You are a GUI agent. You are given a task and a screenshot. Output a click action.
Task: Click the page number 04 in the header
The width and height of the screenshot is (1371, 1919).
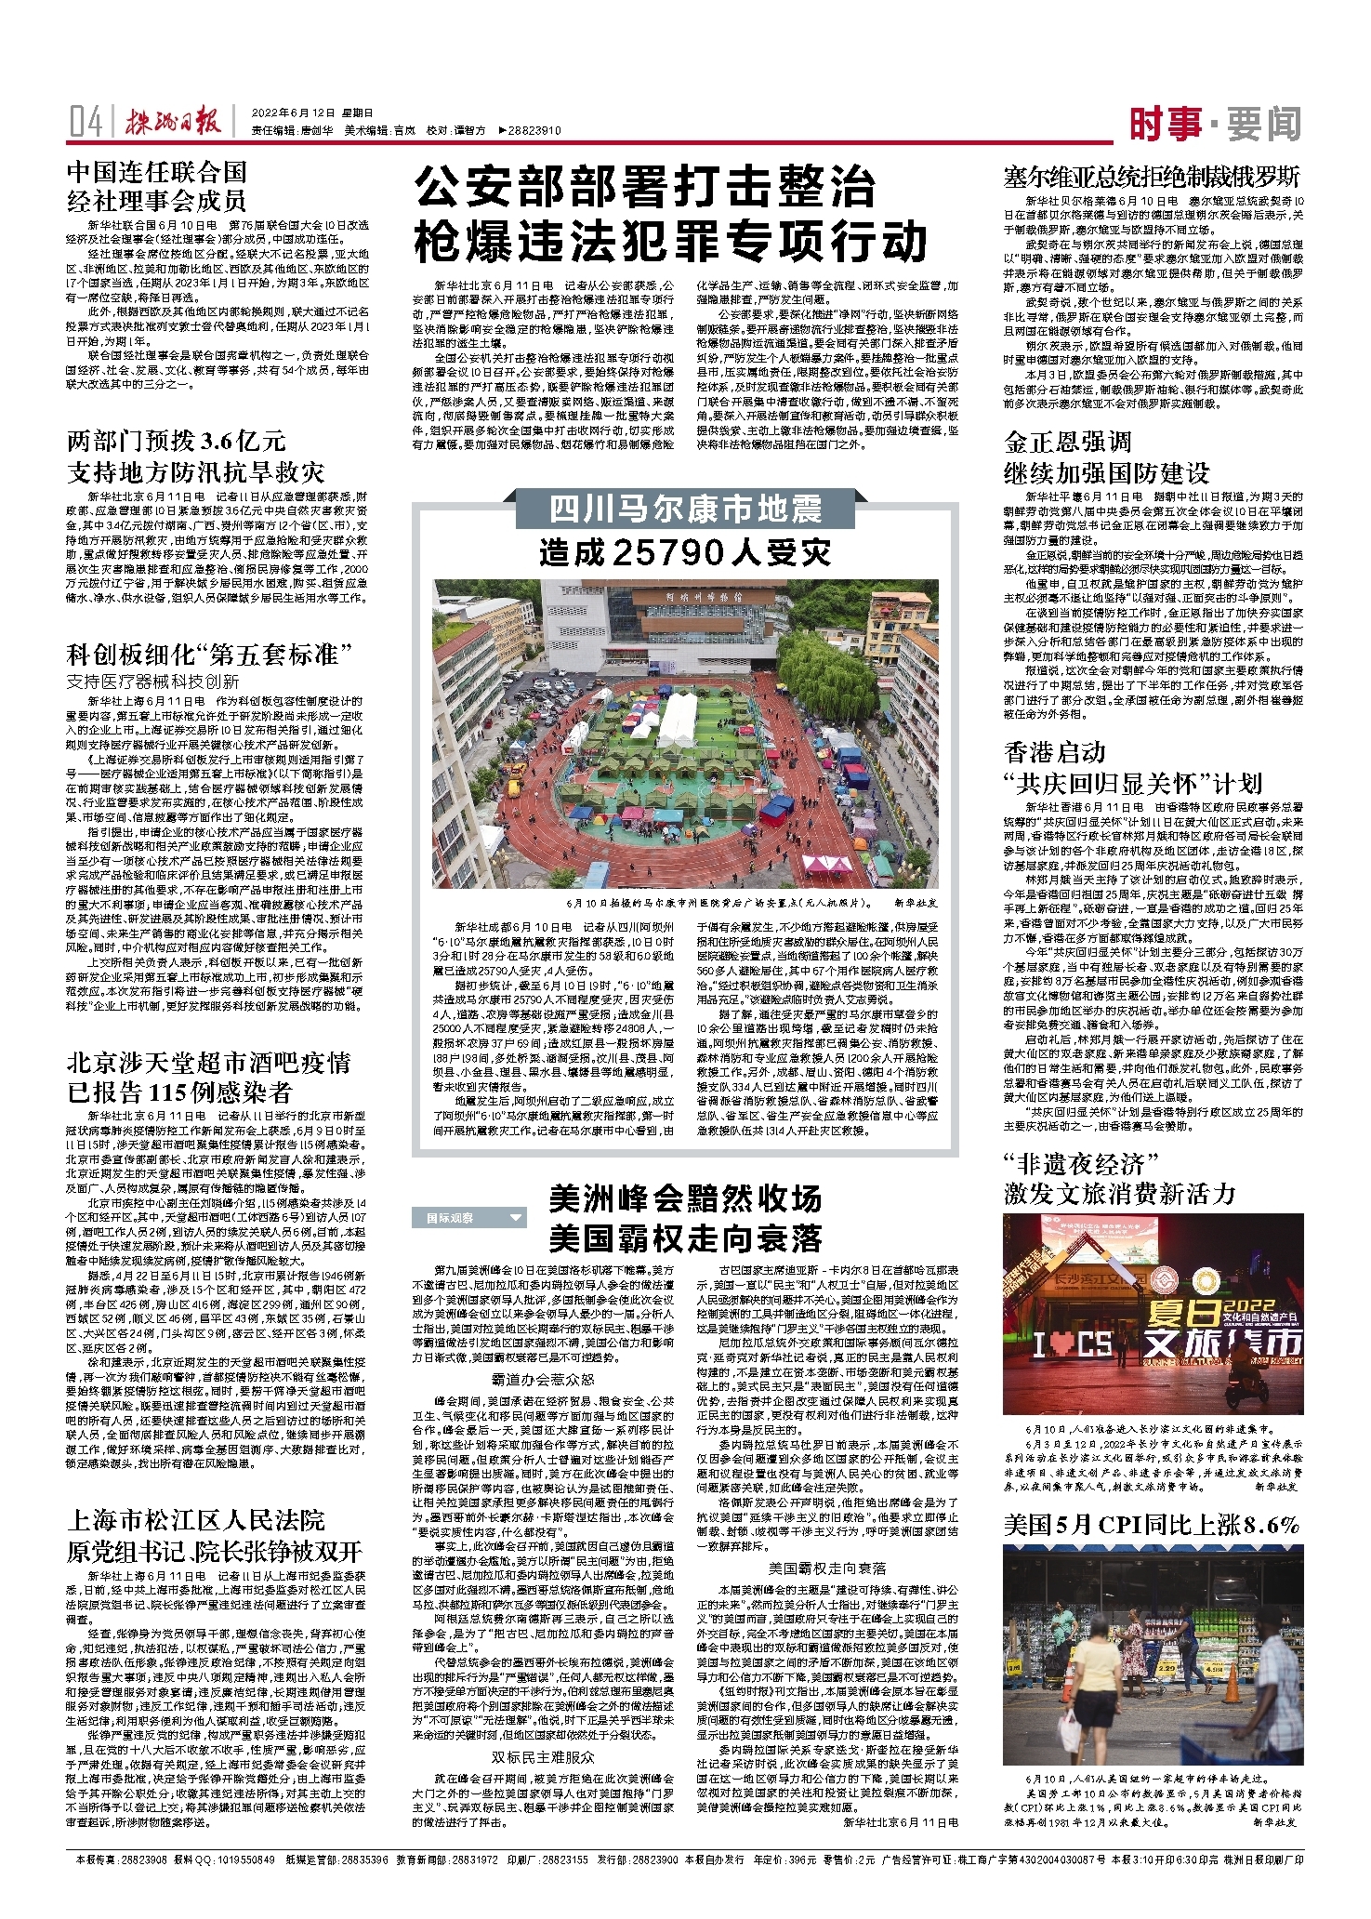[x=86, y=122]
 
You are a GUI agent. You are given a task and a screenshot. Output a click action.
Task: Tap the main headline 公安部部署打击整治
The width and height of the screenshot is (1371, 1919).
[x=645, y=188]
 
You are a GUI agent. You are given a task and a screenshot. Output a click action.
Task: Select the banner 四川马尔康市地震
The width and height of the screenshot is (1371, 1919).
[x=685, y=510]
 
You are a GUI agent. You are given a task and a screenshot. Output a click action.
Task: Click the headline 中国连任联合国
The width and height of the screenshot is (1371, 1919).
[x=157, y=171]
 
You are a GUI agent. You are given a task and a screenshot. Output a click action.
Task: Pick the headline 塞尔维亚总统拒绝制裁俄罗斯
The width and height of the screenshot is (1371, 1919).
[x=1151, y=177]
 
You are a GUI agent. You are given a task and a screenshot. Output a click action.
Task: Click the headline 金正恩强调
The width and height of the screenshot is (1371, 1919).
[x=1068, y=441]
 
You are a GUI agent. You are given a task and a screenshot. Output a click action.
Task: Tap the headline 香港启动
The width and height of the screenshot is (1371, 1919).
[x=1055, y=751]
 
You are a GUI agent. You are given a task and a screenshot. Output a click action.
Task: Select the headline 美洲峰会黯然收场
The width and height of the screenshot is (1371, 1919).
[x=685, y=1199]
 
